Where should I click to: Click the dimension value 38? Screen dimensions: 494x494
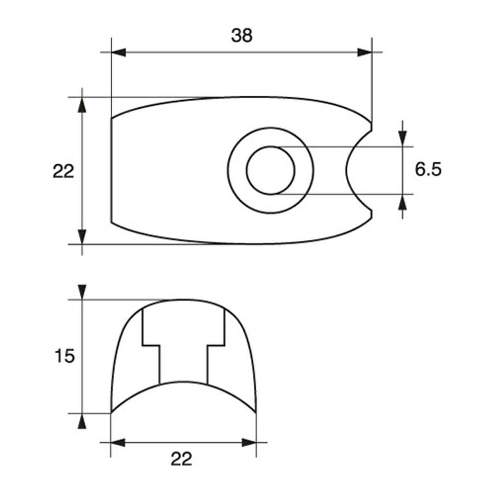[x=242, y=36]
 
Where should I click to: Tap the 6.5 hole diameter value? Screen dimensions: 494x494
[x=428, y=170]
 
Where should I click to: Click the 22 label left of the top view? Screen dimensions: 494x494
[x=63, y=171]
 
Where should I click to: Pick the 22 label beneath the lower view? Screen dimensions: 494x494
[x=182, y=459]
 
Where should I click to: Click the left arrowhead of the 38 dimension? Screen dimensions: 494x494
[x=119, y=52]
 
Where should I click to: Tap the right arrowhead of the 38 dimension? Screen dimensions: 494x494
[x=365, y=52]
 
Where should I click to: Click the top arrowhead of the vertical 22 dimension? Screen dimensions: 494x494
[x=82, y=105]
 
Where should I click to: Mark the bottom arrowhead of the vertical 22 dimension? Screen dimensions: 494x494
[x=82, y=237]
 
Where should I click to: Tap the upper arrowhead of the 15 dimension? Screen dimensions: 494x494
[x=82, y=292]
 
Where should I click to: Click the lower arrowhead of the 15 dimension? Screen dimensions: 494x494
[x=82, y=421]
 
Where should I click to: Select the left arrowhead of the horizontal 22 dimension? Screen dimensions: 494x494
[x=118, y=443]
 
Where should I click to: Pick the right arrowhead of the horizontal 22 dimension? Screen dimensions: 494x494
[x=249, y=443]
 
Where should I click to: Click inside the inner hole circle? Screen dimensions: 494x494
[x=270, y=170]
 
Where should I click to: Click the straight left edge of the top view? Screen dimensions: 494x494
[x=112, y=170]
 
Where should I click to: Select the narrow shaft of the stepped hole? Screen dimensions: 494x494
[x=183, y=364]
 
